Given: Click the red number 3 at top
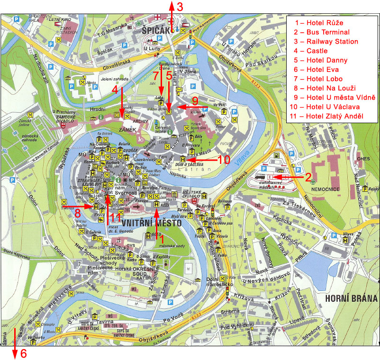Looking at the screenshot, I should click(179, 7).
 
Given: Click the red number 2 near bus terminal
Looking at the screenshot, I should click(308, 178).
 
